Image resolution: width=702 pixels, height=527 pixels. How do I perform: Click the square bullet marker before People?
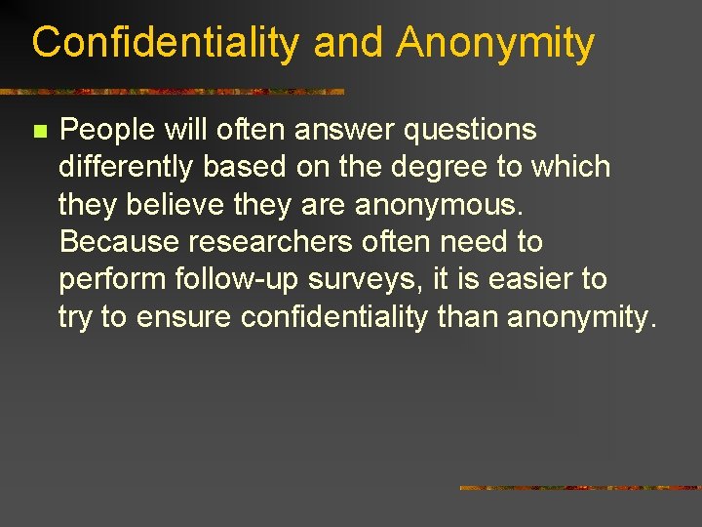[39, 131]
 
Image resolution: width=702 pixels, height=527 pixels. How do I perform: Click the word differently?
[126, 168]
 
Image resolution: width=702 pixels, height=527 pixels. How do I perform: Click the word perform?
[112, 280]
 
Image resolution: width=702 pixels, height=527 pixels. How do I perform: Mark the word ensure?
[184, 317]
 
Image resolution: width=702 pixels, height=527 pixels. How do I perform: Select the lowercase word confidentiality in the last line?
[334, 317]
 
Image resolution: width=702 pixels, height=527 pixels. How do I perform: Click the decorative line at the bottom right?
[579, 487]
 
